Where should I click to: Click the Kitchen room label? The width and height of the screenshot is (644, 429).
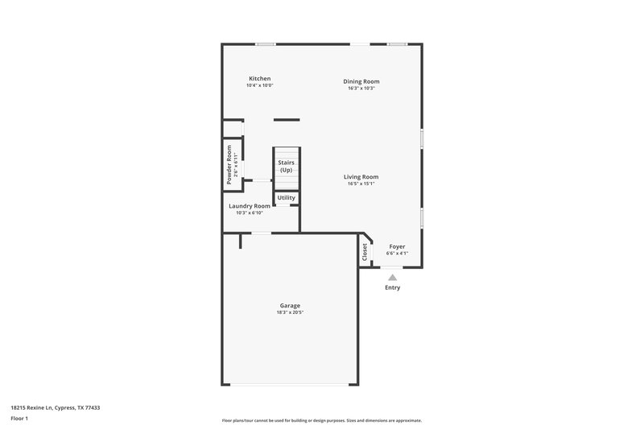(x=259, y=79)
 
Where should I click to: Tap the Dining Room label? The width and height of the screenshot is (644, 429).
(x=361, y=81)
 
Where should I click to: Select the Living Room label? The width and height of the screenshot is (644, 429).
(x=361, y=177)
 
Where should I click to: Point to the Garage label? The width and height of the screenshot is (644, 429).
(x=290, y=306)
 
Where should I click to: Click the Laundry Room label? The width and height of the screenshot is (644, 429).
(x=250, y=206)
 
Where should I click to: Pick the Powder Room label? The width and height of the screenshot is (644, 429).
(x=229, y=164)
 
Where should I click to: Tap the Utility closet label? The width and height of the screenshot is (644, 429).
(x=287, y=198)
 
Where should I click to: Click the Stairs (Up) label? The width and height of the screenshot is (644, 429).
(x=286, y=167)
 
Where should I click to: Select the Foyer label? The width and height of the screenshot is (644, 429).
(x=397, y=246)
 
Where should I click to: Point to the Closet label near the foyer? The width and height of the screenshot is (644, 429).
(x=365, y=252)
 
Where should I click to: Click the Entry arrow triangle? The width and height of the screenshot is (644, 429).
(x=392, y=277)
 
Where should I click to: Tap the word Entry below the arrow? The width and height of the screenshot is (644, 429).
(x=392, y=287)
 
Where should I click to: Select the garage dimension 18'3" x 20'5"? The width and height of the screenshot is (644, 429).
(x=290, y=312)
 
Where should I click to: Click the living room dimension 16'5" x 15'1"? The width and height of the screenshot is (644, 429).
(x=361, y=184)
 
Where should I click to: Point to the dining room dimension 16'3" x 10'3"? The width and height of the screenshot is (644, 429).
(x=361, y=88)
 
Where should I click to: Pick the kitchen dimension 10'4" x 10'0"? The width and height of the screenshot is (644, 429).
(x=259, y=85)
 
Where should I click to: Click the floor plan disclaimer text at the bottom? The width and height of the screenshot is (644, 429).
(x=321, y=420)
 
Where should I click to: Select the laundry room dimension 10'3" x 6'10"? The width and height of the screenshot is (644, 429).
(x=250, y=212)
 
